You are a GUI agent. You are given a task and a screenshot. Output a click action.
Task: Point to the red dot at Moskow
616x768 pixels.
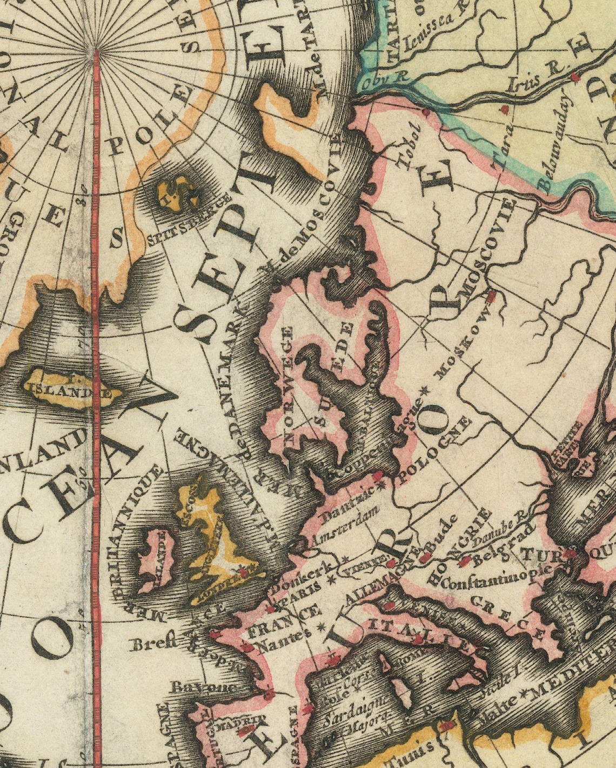[x=491, y=296]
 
